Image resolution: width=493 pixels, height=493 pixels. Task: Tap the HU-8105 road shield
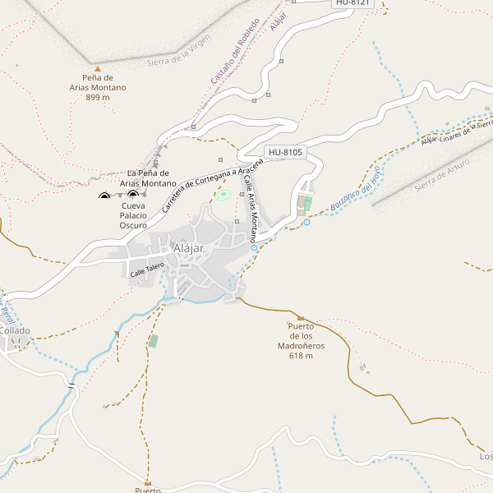pos(286,152)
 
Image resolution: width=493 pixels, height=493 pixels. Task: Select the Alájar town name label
pos(188,248)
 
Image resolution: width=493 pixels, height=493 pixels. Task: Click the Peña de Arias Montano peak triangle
pos(98,69)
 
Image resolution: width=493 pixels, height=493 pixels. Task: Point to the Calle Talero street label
pos(147,268)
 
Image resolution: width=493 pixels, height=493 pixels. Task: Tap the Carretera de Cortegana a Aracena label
pos(212,185)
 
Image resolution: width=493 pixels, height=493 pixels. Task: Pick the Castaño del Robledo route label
pos(235,51)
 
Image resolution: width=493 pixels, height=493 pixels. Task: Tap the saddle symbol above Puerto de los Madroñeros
pos(301,318)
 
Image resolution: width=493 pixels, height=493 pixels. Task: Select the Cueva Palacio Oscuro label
pos(133,215)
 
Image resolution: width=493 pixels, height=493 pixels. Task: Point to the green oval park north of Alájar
pos(222,196)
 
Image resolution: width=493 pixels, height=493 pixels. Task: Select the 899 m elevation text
pos(98,97)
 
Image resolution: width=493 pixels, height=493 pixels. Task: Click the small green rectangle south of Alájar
pos(153,340)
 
